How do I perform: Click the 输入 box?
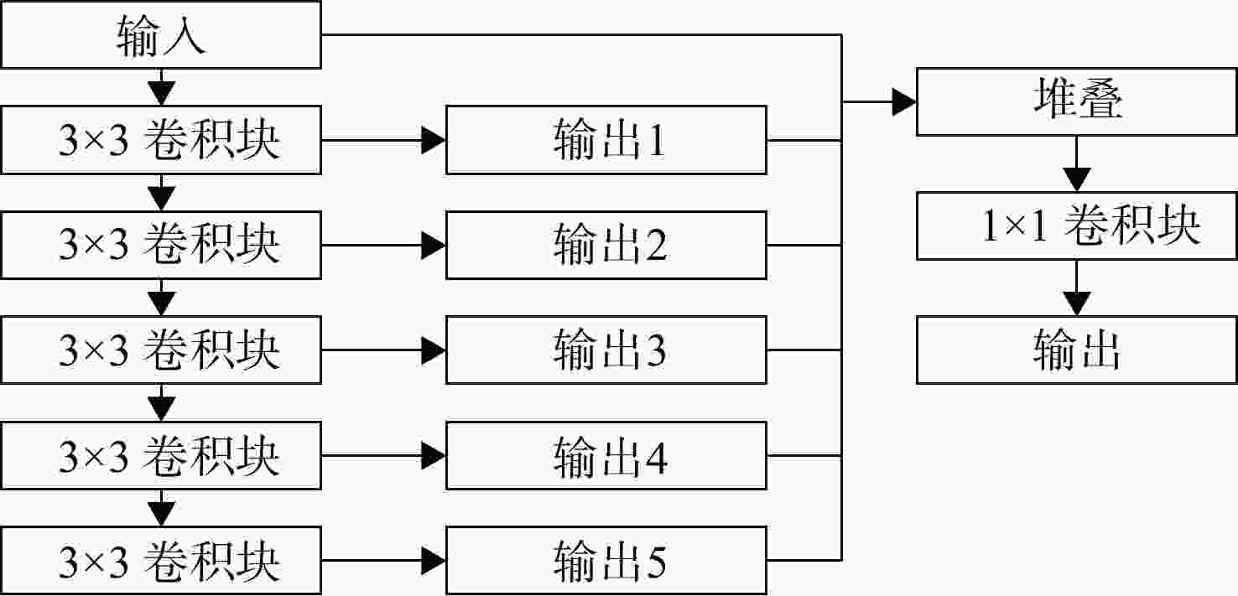click(x=161, y=35)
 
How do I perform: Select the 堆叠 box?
click(x=1076, y=102)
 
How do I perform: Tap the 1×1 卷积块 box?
click(x=1076, y=226)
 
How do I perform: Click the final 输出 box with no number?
click(x=1076, y=350)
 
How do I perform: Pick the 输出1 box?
click(x=606, y=140)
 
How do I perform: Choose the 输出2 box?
click(x=606, y=246)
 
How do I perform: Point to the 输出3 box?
click(x=606, y=350)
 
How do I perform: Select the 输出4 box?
click(x=606, y=456)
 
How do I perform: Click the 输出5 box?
click(x=606, y=561)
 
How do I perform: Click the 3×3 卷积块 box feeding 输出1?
click(x=161, y=140)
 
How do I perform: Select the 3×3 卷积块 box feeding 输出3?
click(x=161, y=350)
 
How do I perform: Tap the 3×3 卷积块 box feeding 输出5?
click(x=161, y=561)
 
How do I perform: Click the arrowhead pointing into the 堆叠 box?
click(x=904, y=102)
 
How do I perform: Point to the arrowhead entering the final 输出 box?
click(x=1077, y=304)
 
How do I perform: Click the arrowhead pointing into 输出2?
click(x=434, y=246)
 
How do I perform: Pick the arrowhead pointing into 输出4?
click(x=434, y=456)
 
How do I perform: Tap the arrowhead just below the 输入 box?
click(x=161, y=93)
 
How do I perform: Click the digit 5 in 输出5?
click(x=656, y=561)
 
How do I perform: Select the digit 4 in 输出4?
click(x=656, y=456)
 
